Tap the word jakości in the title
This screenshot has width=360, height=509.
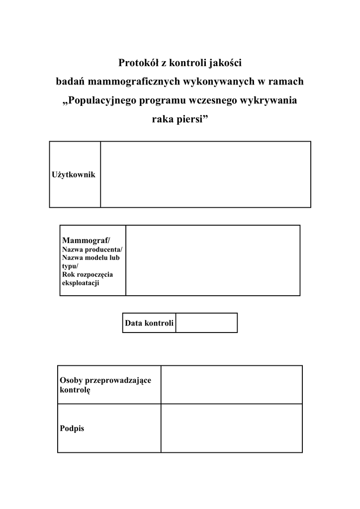pos(225,63)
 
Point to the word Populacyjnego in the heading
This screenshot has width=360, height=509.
pos(102,100)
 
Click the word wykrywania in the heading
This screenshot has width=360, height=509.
pos(269,100)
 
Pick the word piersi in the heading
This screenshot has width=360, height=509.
pos(190,119)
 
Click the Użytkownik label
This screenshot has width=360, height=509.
pos(74,174)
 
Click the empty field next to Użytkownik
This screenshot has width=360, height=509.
pos(205,174)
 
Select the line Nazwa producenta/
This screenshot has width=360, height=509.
pos(92,250)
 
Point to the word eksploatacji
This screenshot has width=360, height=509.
pos(81,283)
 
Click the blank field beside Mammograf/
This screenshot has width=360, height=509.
pos(213,260)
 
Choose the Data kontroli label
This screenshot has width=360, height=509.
pos(149,323)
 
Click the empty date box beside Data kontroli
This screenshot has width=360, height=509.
pos(206,323)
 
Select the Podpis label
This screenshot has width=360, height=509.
pos(72,428)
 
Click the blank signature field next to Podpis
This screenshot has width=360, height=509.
pos(231,428)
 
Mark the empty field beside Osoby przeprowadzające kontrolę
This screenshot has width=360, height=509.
pos(231,385)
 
